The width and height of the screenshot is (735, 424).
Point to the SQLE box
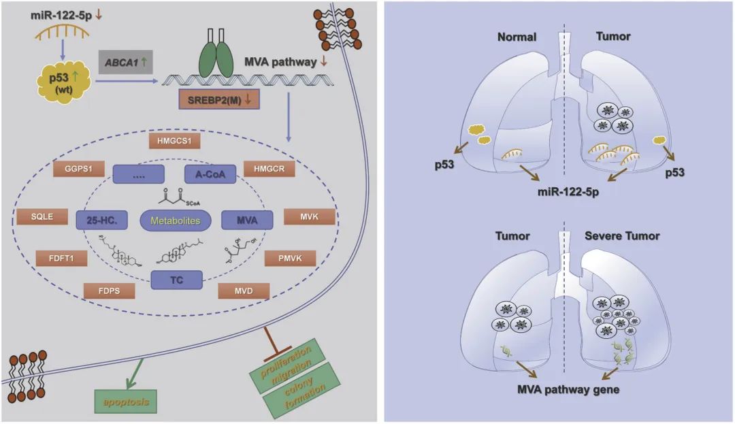[41, 218]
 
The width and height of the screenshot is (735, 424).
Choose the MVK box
[310, 218]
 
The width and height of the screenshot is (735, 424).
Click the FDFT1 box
[61, 258]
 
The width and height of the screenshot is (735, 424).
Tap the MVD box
[244, 291]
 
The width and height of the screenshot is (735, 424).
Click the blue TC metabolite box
[176, 278]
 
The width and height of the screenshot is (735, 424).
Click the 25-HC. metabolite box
[102, 220]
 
